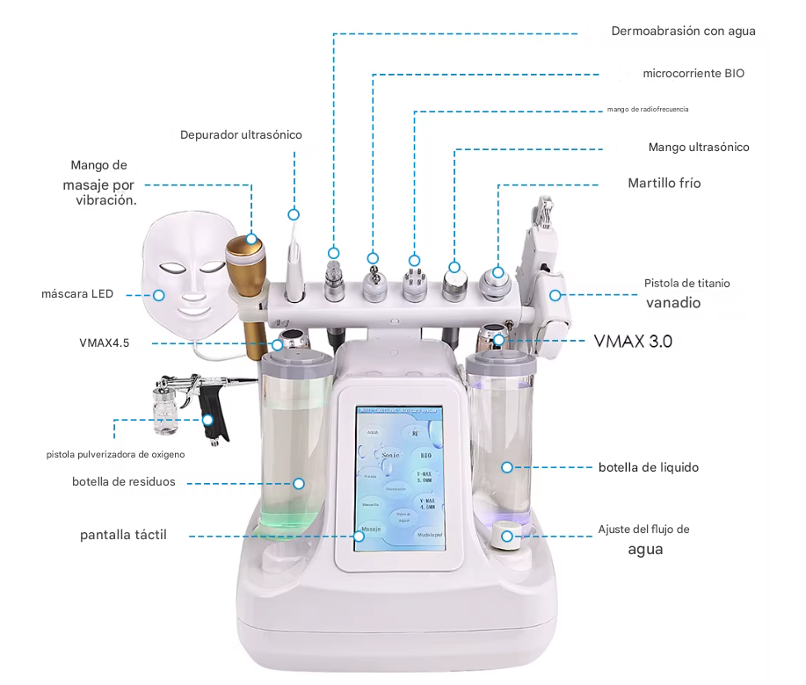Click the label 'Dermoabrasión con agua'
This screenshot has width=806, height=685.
(683, 31)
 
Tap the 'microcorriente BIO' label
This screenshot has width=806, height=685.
(693, 73)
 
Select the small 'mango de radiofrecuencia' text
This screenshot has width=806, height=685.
(647, 110)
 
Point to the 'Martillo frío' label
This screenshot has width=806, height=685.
(664, 184)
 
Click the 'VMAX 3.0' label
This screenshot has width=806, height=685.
(633, 341)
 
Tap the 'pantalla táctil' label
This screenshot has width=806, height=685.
(123, 535)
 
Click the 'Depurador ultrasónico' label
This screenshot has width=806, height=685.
(241, 135)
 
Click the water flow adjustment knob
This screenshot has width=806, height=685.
(507, 537)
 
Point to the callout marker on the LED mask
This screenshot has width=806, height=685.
(160, 295)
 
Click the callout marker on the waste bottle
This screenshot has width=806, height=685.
(299, 483)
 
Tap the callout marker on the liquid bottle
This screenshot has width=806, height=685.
(506, 467)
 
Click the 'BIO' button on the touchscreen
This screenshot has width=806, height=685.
(426, 456)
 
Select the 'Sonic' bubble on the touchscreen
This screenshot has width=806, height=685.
(390, 455)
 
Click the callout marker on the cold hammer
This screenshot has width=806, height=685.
(497, 272)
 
